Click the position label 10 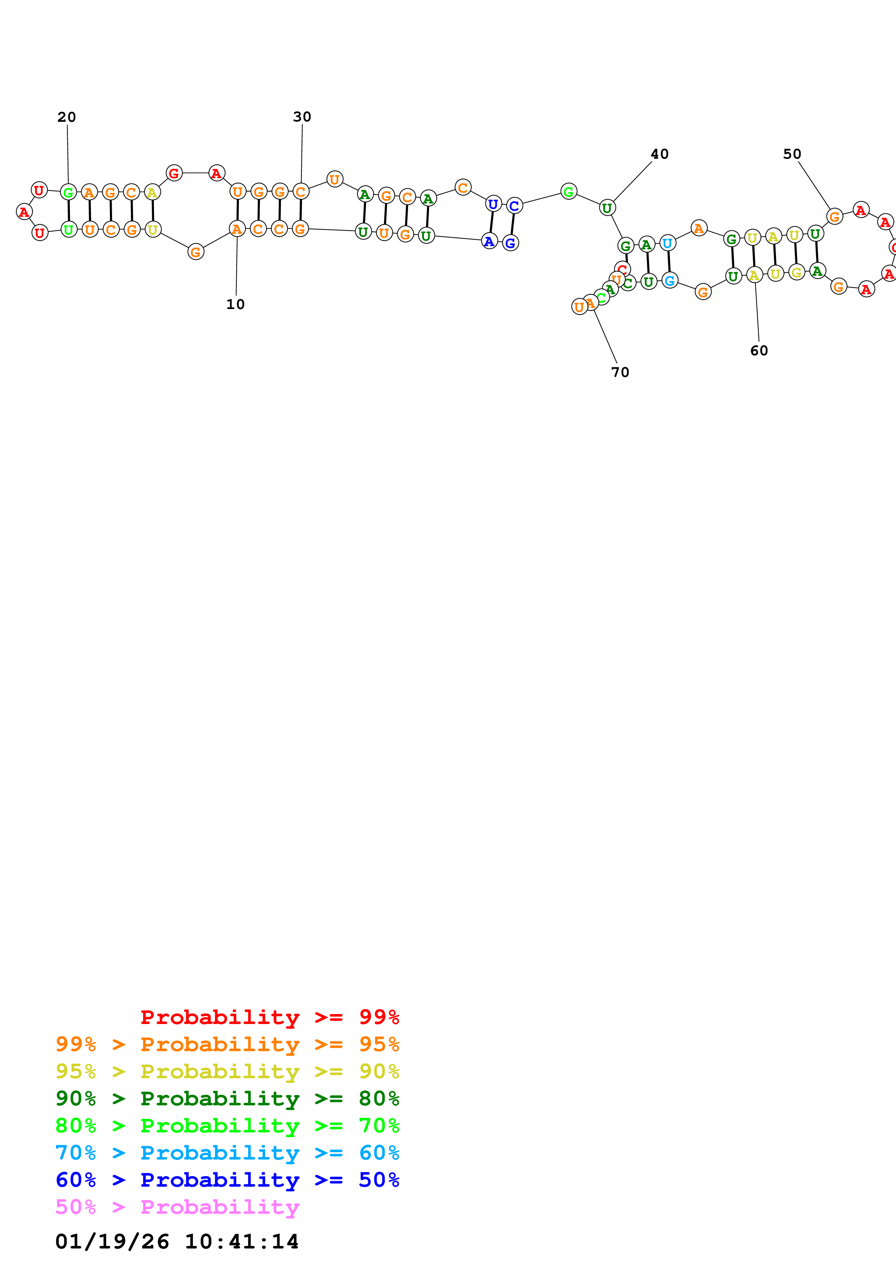235,304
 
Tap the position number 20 67,117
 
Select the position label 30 302,116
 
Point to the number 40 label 660,154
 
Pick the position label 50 792,154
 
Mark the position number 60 759,351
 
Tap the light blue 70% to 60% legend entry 227,1153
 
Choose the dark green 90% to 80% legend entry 227,1099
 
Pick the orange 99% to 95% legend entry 227,1044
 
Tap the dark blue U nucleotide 493,204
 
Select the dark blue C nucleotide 514,206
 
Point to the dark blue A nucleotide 489,241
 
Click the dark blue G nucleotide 511,243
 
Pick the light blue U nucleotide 668,243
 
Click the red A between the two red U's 24,211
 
